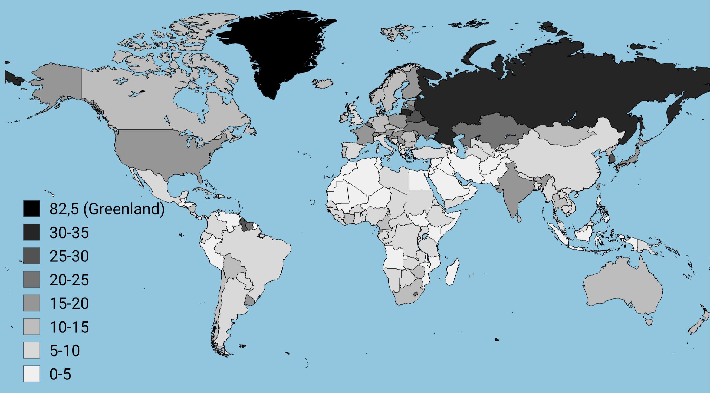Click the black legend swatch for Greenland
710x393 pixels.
point(31,209)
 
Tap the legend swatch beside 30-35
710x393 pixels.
point(31,232)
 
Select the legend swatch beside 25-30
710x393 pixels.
point(31,256)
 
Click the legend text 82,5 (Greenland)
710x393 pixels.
point(107,209)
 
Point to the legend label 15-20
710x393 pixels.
point(69,304)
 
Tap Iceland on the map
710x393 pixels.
point(323,83)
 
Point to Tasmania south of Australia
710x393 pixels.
point(648,321)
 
